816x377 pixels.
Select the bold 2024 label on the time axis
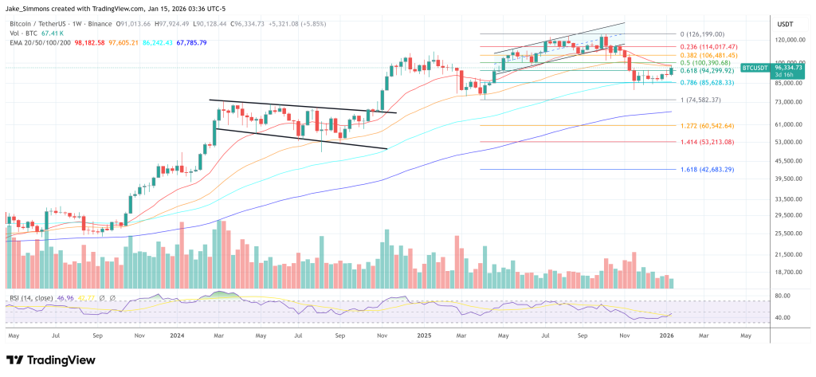point(178,336)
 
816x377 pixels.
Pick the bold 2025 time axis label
point(425,336)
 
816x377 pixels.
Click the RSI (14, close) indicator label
point(32,298)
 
